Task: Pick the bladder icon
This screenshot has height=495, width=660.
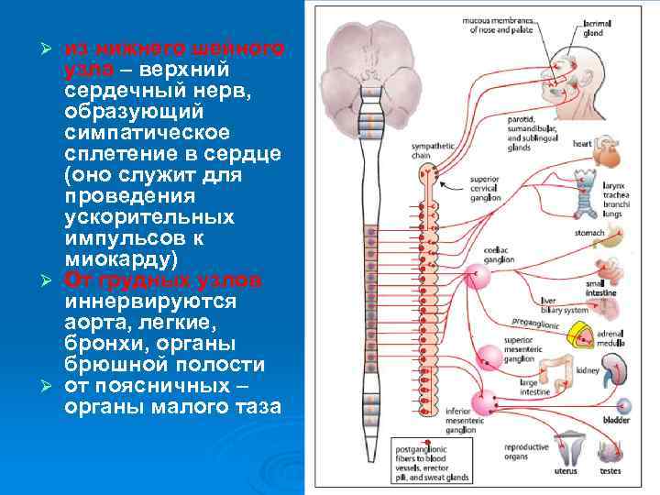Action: tap(624, 406)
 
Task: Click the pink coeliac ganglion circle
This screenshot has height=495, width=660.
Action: tap(478, 272)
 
